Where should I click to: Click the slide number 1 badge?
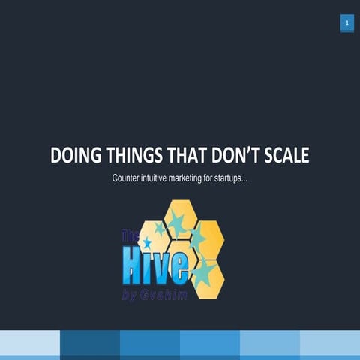click(x=347, y=23)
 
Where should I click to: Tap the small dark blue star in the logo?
click(x=146, y=243)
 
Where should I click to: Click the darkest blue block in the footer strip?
click(x=89, y=344)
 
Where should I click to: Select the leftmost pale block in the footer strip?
click(x=29, y=344)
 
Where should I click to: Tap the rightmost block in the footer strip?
click(x=330, y=344)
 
